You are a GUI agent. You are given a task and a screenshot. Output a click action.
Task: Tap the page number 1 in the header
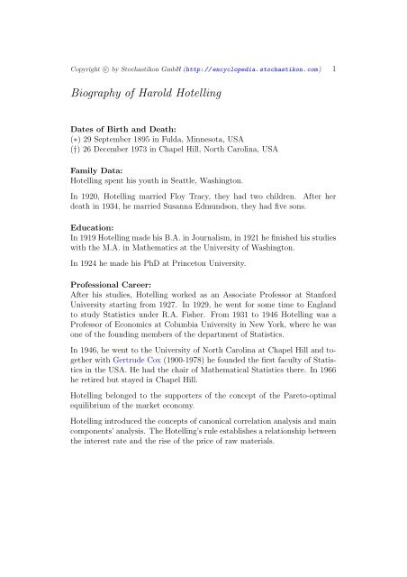pyautogui.click(x=335, y=68)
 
